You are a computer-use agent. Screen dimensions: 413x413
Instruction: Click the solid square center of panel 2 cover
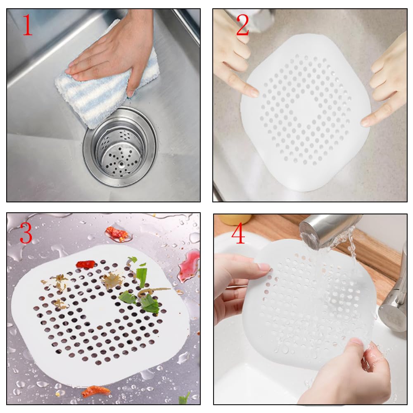click(306, 112)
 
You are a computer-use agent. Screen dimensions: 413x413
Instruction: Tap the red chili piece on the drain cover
click(85, 264)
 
